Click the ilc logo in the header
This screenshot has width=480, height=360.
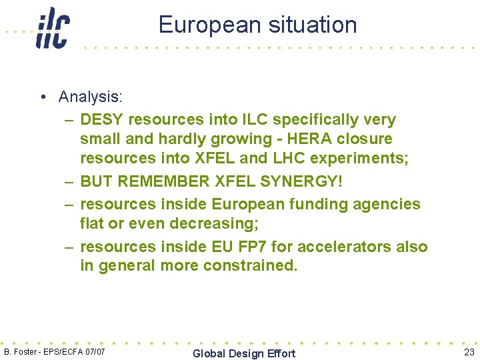pyautogui.click(x=53, y=28)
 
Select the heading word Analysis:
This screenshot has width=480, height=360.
pyautogui.click(x=91, y=97)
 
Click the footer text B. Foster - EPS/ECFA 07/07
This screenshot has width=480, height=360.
pyautogui.click(x=54, y=351)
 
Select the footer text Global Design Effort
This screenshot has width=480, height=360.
pyautogui.click(x=243, y=353)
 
